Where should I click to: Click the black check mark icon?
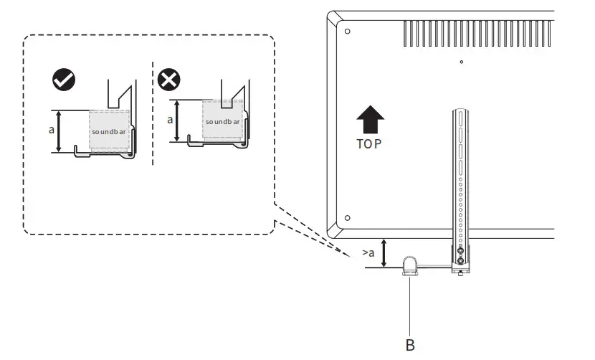65,81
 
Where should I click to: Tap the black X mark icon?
168,81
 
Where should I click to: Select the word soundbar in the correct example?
110,133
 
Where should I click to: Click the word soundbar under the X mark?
223,122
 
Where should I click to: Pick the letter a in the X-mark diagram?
170,120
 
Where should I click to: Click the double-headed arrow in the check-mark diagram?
59,131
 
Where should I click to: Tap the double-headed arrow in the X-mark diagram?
178,120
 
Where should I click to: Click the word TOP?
369,143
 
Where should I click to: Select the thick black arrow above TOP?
369,118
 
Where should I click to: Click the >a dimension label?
368,253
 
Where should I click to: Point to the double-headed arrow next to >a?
385,253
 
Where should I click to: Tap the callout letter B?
410,345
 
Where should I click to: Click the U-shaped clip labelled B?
409,265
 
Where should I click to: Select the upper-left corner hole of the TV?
347,32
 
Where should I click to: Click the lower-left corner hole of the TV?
347,217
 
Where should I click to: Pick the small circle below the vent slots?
461,62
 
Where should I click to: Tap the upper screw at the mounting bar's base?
459,250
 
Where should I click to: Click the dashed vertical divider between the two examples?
153,115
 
